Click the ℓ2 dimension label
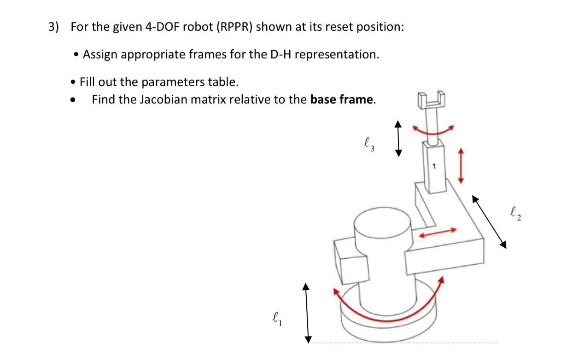tap(515, 214)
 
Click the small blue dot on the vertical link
tap(434, 166)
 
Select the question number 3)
tap(54, 27)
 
